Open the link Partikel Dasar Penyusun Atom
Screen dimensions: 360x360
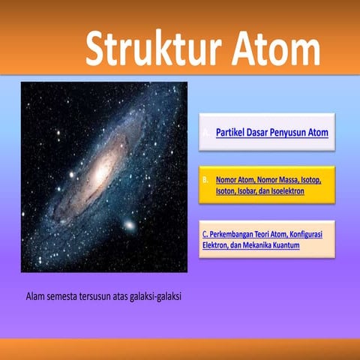pyautogui.click(x=271, y=133)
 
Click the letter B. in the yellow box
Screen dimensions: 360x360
pyautogui.click(x=205, y=181)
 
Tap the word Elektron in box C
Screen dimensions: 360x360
pyautogui.click(x=218, y=245)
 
